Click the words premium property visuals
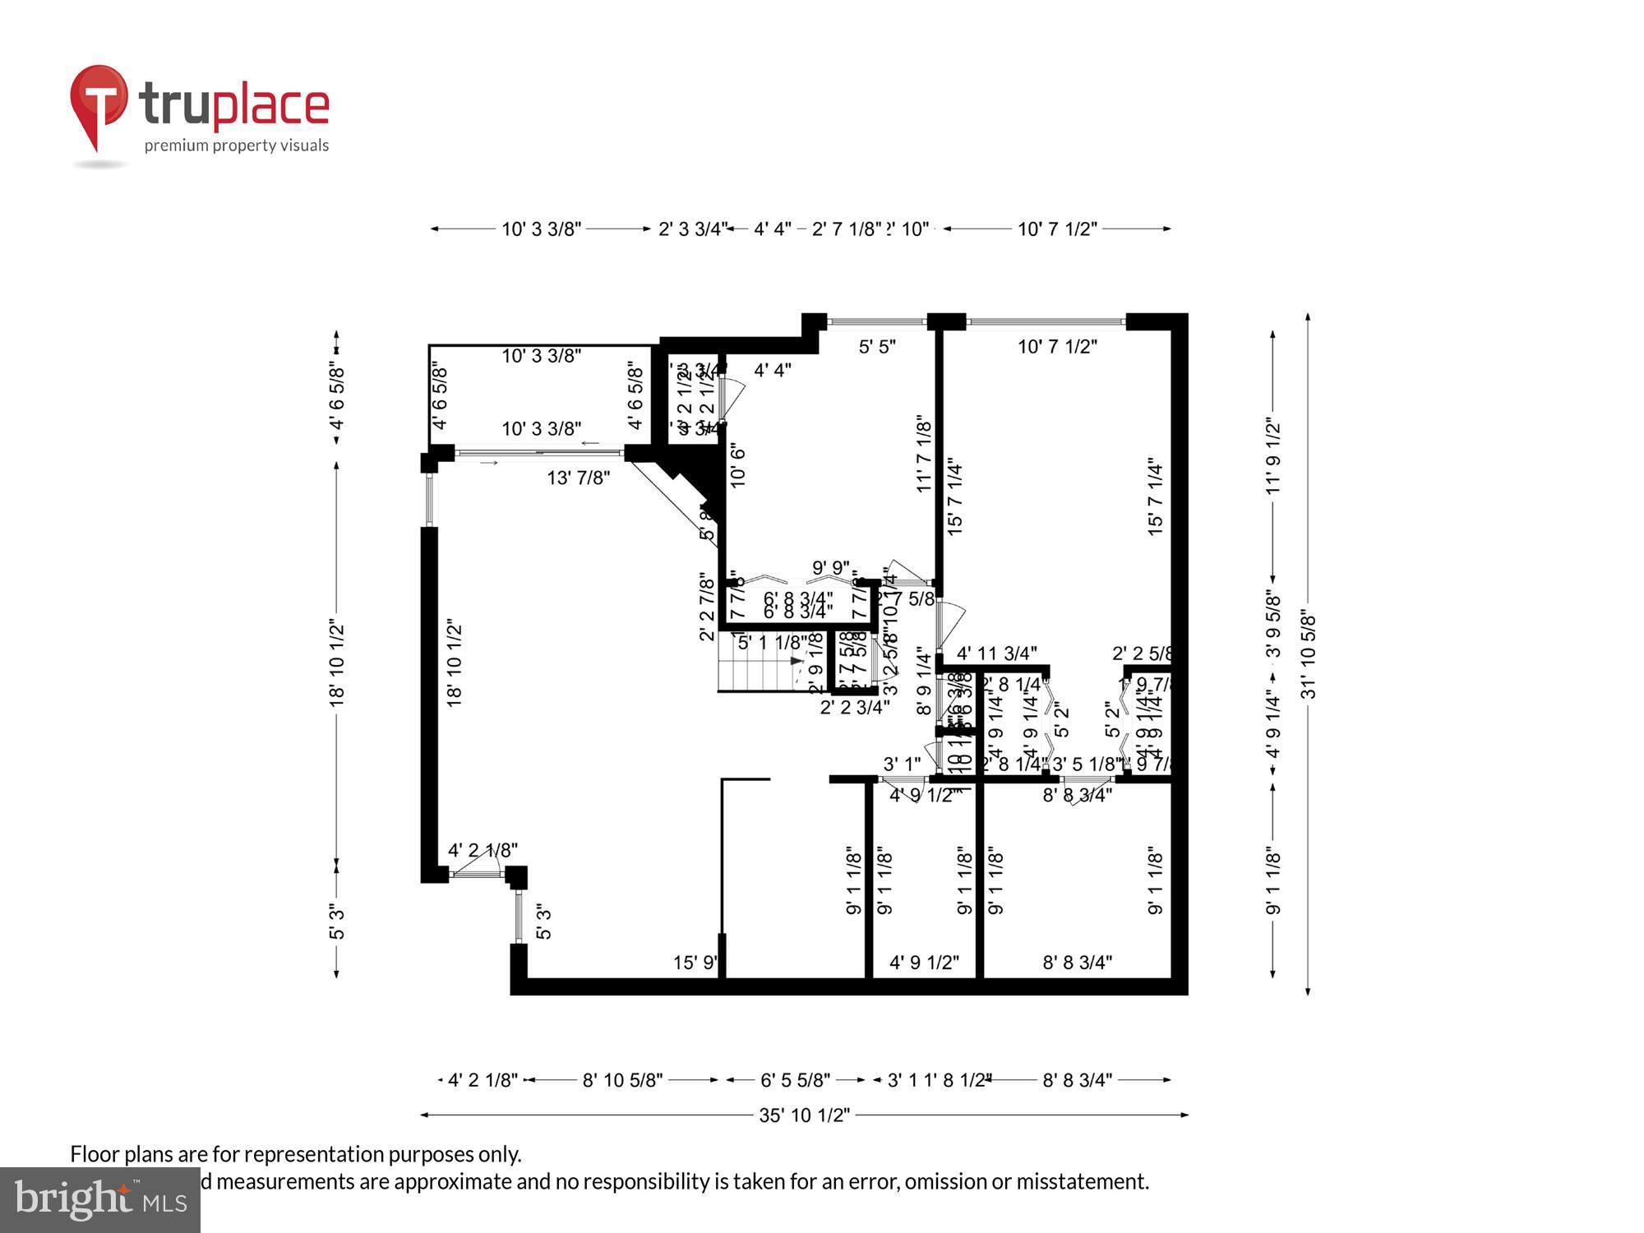pyautogui.click(x=237, y=146)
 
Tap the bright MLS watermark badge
pyautogui.click(x=99, y=1199)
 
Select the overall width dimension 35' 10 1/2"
pyautogui.click(x=803, y=1115)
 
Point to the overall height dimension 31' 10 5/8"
pyautogui.click(x=1308, y=653)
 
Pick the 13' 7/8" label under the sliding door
pyautogui.click(x=578, y=478)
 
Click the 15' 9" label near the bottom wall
pyautogui.click(x=695, y=962)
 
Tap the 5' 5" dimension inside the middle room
pyautogui.click(x=877, y=347)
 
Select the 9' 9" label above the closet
pyautogui.click(x=830, y=568)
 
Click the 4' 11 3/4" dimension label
pyautogui.click(x=996, y=653)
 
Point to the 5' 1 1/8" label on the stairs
pyautogui.click(x=772, y=643)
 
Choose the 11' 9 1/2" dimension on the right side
pyautogui.click(x=1272, y=457)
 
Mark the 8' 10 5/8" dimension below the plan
pyautogui.click(x=622, y=1080)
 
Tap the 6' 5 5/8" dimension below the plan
pyautogui.click(x=795, y=1080)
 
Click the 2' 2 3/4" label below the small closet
pyautogui.click(x=854, y=707)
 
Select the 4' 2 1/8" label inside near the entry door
pyautogui.click(x=483, y=851)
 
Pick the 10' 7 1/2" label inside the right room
pyautogui.click(x=1057, y=347)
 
